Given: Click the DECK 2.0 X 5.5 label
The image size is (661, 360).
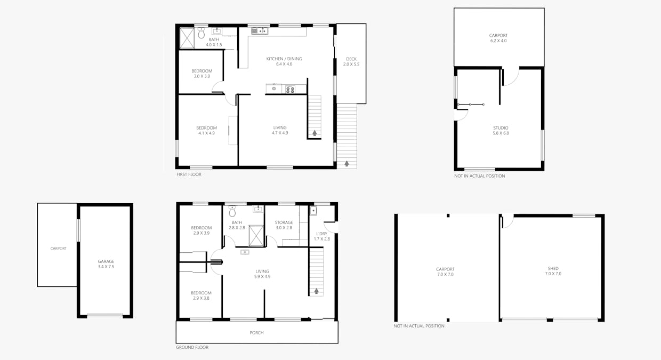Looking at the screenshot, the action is click(351, 61).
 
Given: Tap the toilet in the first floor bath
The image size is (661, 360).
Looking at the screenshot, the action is click(201, 33).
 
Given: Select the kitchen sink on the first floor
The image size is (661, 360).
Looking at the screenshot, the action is click(260, 31).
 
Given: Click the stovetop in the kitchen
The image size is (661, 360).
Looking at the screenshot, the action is click(290, 89).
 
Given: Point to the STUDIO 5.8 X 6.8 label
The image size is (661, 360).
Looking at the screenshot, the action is click(501, 131).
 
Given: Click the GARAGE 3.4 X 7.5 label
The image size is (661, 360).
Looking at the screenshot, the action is click(106, 264).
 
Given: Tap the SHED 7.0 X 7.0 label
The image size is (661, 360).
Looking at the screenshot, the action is click(553, 271).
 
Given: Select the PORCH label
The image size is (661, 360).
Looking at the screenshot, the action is click(256, 333).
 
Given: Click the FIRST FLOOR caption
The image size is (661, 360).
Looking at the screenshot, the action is click(189, 174).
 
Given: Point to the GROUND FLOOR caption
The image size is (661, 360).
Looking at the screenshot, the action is click(192, 347).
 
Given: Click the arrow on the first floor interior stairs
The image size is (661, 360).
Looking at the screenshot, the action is click(315, 133).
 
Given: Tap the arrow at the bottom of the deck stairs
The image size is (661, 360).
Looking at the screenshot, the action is click(346, 163).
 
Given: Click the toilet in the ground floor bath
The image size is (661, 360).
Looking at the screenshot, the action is click(232, 211).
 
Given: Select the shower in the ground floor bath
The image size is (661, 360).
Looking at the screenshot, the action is click(256, 236).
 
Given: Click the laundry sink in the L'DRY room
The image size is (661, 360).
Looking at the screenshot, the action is click(313, 211).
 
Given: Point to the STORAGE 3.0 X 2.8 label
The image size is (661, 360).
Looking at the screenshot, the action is click(284, 225).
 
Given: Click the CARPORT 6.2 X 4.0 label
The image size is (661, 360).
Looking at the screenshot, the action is click(498, 38).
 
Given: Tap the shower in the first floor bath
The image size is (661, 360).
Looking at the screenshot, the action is click(187, 38).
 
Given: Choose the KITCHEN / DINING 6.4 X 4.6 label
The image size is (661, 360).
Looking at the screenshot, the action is click(284, 61).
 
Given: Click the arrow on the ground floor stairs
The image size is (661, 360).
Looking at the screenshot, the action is click(316, 291).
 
